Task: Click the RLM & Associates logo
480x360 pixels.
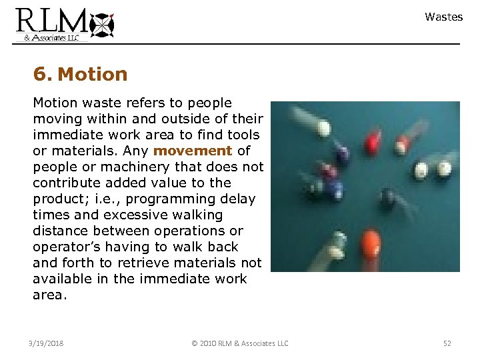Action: tap(65, 24)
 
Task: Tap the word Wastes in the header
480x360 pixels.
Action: tap(443, 17)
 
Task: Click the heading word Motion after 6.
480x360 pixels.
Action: tap(93, 74)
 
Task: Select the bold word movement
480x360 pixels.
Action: tap(193, 151)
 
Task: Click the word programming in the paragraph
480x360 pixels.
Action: tap(164, 199)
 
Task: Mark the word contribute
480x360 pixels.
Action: tap(66, 183)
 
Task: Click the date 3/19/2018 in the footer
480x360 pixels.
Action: tap(47, 343)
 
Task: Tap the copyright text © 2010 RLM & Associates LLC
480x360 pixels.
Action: tap(239, 343)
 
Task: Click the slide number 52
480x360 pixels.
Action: tap(447, 343)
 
